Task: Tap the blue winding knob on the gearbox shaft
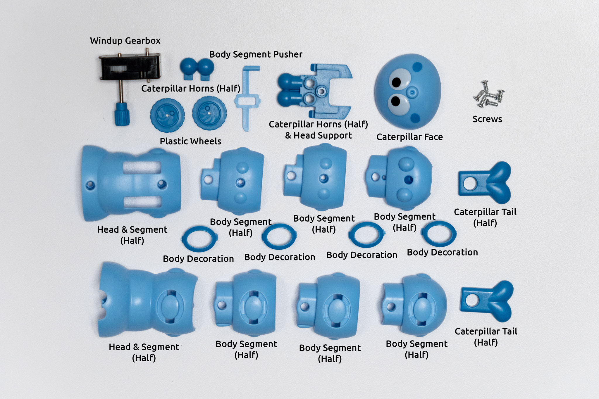tap(122, 114)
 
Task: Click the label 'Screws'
tap(487, 119)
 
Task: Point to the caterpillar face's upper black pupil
tap(396, 82)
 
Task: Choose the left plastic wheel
tap(167, 115)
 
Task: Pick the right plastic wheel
tap(209, 113)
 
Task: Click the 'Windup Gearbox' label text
tap(125, 41)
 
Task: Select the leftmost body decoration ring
tap(199, 239)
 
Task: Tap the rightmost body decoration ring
tap(439, 234)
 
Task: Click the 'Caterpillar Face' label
tap(409, 137)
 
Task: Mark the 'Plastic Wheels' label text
tap(190, 141)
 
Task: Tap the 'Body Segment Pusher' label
tap(256, 54)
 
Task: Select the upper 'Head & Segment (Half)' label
tap(132, 235)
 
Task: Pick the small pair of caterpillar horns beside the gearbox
tap(197, 68)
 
